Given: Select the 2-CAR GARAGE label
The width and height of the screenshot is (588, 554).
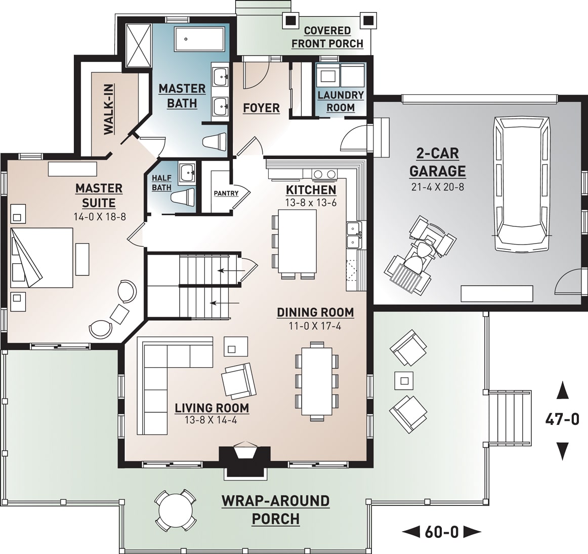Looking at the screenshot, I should [x=437, y=162].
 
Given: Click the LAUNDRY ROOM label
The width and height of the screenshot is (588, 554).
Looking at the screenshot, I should [x=341, y=101].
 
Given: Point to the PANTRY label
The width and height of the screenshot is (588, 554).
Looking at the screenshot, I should [x=226, y=193].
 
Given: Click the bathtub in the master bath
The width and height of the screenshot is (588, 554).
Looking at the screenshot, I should [x=199, y=39].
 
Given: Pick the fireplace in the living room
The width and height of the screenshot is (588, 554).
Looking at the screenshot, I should [x=245, y=458].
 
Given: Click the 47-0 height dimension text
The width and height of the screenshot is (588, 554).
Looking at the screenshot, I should [x=562, y=419].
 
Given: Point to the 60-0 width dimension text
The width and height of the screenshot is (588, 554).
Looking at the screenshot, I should [x=441, y=532].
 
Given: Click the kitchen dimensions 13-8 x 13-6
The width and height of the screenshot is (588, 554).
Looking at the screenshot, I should [x=311, y=203].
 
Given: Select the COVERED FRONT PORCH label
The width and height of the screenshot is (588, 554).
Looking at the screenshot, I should [x=327, y=37].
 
